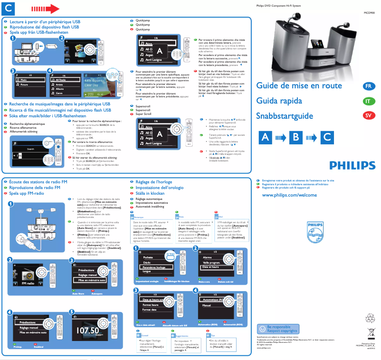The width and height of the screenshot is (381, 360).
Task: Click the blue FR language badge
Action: click(x=369, y=86)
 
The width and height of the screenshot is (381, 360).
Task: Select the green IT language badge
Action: click(x=369, y=101)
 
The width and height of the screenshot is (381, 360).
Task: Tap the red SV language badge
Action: click(x=369, y=116)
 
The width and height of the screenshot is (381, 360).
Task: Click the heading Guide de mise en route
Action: click(x=299, y=86)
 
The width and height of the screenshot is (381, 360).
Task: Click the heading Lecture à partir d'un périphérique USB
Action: click(x=45, y=22)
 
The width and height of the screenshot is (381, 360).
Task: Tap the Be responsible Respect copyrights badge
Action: click(x=278, y=329)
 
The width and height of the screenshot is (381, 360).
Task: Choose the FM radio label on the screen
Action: click(x=29, y=284)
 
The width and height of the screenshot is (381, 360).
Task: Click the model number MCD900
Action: click(x=369, y=13)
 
